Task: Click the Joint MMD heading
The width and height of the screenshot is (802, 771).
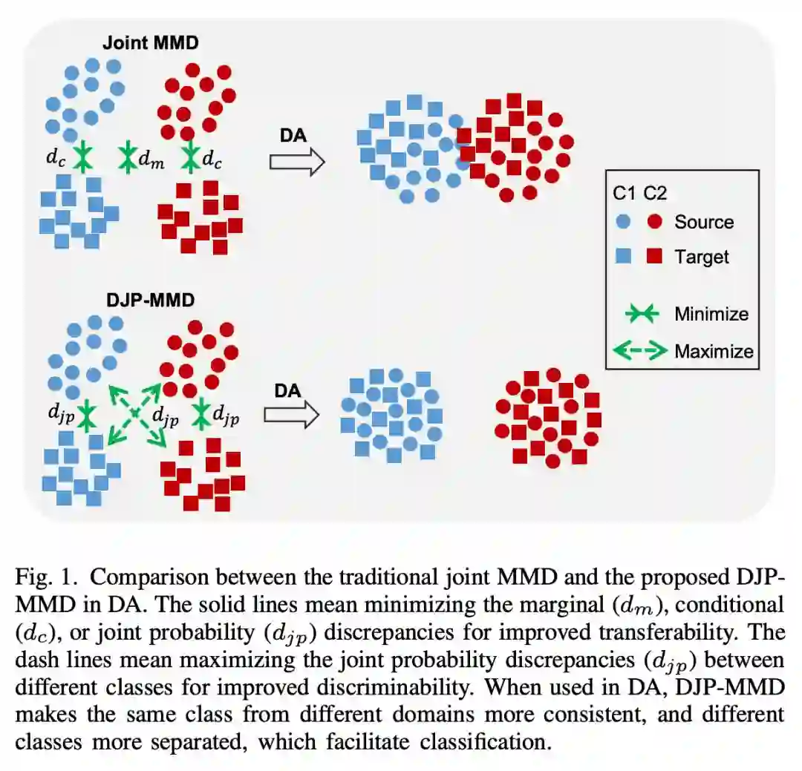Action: tap(160, 42)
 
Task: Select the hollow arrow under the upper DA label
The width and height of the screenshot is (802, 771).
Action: tap(297, 161)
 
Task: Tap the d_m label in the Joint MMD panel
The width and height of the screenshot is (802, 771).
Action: tap(153, 158)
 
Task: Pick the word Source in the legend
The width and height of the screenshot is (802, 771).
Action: tap(703, 222)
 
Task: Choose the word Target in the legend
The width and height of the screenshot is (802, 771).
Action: tap(702, 257)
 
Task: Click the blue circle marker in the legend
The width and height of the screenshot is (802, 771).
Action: tap(624, 222)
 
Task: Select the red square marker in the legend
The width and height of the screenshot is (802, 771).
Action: tap(655, 257)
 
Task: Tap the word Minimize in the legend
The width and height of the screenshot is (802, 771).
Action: tap(711, 314)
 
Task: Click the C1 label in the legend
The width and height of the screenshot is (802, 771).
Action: tap(625, 194)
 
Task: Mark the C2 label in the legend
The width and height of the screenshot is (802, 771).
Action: tap(655, 194)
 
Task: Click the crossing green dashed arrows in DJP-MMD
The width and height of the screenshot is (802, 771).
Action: tap(134, 413)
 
